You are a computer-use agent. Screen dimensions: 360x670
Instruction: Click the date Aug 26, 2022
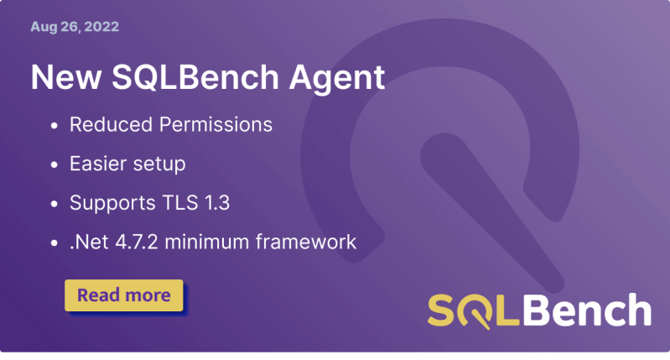74,27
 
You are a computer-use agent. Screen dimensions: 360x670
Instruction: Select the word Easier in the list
96,164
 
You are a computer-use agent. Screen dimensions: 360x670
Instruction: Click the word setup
157,164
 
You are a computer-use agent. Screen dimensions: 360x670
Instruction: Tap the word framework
309,243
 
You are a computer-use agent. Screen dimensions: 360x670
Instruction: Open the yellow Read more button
123,295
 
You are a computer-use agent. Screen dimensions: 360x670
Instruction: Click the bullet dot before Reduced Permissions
55,125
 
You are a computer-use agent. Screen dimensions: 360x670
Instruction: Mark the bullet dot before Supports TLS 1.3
55,204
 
